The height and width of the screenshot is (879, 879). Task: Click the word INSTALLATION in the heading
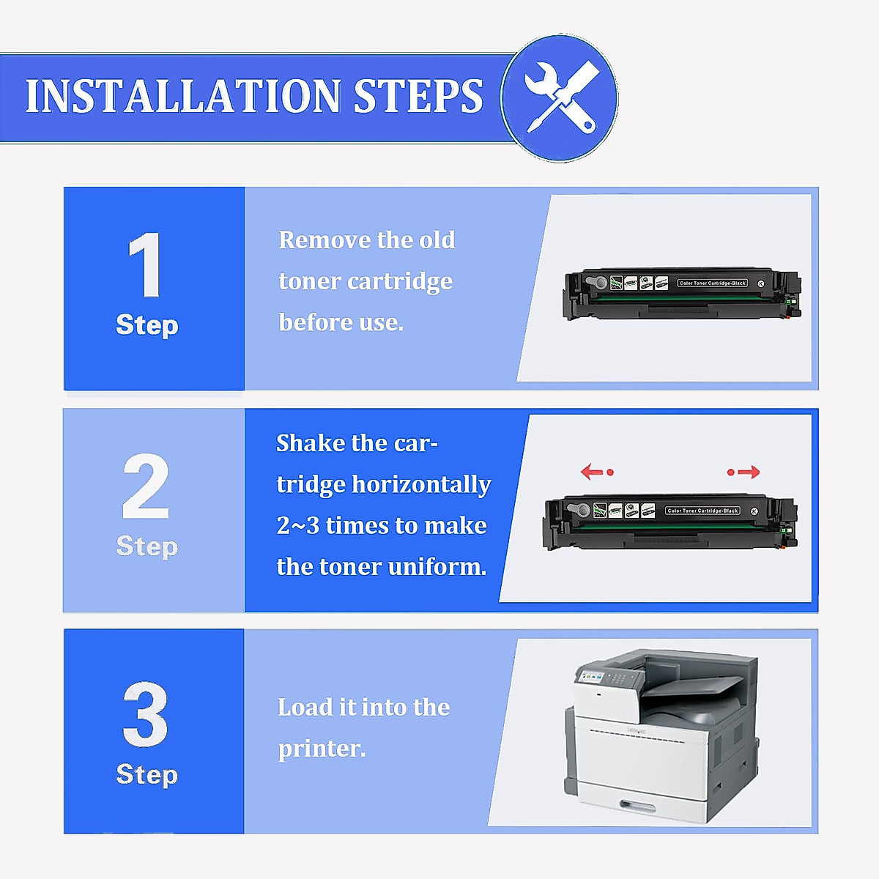[x=183, y=96]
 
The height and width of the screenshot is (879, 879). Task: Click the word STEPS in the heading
[x=418, y=96]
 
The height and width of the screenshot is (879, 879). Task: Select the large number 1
[x=145, y=265]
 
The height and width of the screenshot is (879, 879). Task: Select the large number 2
[x=146, y=486]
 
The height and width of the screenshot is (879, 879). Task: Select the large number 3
[x=145, y=715]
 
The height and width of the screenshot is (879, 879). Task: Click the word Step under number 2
[x=147, y=546]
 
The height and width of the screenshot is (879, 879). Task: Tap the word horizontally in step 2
[x=421, y=484]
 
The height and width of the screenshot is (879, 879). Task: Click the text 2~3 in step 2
[x=297, y=525]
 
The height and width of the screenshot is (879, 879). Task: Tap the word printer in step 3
[x=321, y=749]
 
